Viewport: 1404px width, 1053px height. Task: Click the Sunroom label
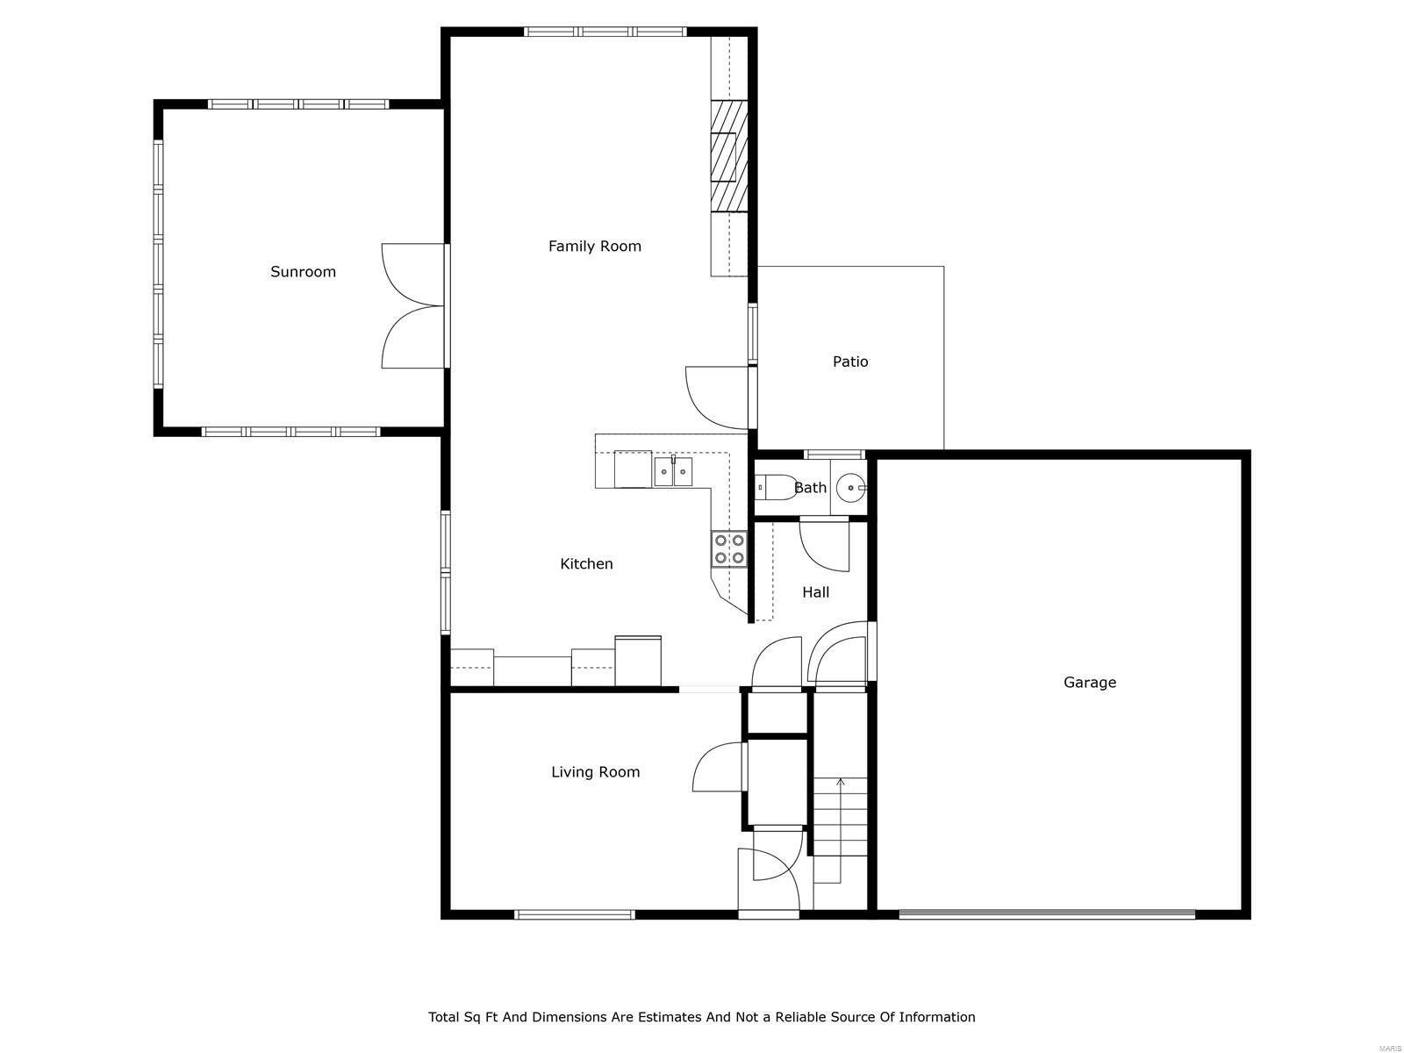[303, 272]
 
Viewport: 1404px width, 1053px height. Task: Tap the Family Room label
[594, 247]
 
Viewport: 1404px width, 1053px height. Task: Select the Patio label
[850, 362]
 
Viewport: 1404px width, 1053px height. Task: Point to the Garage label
[1089, 682]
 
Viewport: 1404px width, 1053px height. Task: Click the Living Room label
[596, 771]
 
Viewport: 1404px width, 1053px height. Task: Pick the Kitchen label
[586, 563]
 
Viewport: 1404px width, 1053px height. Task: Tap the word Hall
[815, 592]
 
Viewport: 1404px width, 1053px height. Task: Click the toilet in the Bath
[774, 486]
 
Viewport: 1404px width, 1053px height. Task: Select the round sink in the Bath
[850, 488]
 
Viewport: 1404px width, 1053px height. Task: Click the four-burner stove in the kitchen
[729, 549]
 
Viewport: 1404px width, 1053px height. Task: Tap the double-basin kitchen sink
[673, 472]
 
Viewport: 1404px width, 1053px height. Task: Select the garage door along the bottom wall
[1047, 914]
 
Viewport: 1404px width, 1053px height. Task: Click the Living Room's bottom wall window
[575, 914]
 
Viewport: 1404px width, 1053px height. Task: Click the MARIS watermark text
[1389, 1046]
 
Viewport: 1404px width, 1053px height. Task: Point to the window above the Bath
[835, 455]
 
